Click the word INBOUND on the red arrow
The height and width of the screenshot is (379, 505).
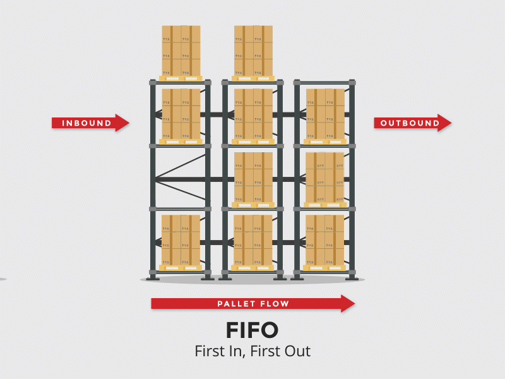86,123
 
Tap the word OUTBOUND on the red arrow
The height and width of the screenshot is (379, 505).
410,123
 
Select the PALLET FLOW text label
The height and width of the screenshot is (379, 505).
253,304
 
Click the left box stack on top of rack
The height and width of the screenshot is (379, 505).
181,51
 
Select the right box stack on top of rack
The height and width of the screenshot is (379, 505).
253,51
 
